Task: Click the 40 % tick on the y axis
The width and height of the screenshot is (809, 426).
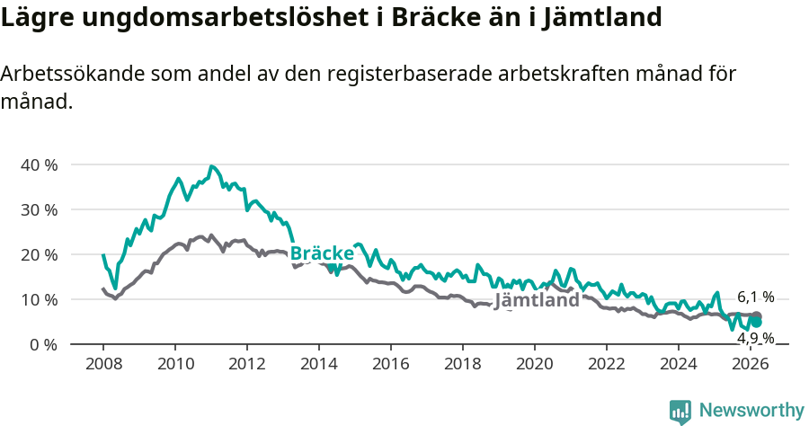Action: (x=38, y=164)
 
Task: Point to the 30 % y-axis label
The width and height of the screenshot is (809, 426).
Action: (x=38, y=209)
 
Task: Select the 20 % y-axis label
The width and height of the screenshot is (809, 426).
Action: (x=38, y=254)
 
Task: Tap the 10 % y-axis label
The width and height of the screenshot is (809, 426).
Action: (x=38, y=299)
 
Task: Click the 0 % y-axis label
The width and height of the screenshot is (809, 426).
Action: (x=42, y=344)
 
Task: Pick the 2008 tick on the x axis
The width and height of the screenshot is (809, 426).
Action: (x=103, y=364)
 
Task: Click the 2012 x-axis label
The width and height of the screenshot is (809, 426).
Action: (x=247, y=364)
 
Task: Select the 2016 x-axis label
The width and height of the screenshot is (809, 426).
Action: (x=391, y=364)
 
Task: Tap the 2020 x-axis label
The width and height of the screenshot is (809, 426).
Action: (x=535, y=364)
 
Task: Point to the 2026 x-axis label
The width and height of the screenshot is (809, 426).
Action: (x=751, y=364)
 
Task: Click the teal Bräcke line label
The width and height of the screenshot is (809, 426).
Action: (x=322, y=253)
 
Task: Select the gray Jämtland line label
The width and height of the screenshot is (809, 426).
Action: (x=537, y=300)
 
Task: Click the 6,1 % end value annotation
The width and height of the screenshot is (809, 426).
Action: (x=755, y=297)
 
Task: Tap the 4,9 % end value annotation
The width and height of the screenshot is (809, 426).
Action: (x=755, y=338)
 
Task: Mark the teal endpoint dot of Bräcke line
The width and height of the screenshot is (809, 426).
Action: (x=757, y=322)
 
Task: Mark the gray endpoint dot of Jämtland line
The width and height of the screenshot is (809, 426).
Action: (x=757, y=316)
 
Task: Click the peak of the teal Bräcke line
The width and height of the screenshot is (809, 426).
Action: (x=211, y=166)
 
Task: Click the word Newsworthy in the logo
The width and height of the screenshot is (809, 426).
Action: (x=751, y=411)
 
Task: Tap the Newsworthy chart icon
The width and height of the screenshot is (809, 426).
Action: (x=680, y=412)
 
